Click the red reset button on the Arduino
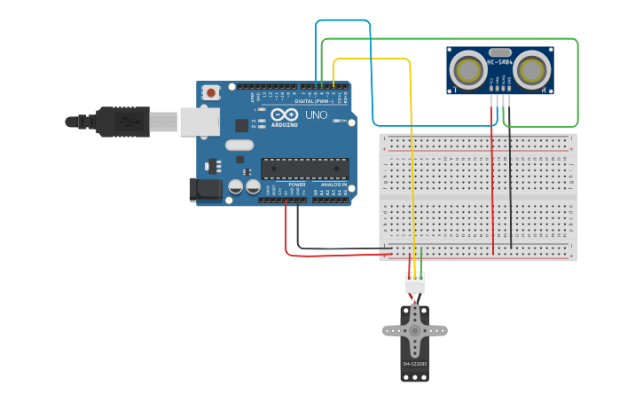211,92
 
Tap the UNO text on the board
317,115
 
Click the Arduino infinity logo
286,114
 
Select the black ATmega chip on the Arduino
304,168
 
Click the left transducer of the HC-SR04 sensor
467,70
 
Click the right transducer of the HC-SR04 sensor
532,70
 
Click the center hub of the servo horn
414,330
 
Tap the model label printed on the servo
414,364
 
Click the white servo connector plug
414,284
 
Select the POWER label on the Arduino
296,185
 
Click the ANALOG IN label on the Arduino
333,185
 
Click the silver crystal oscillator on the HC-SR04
499,52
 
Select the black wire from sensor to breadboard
510,177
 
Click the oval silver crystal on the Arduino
239,145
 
